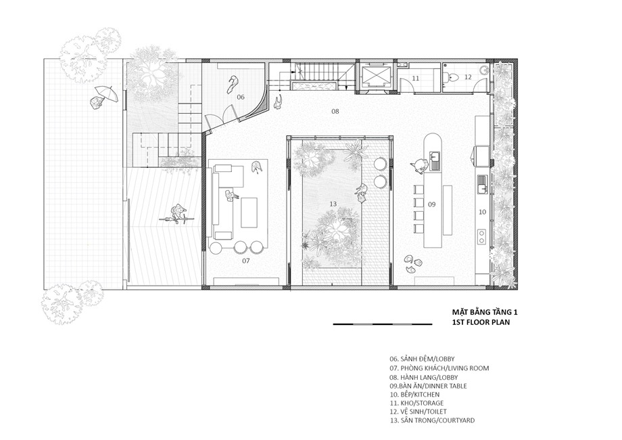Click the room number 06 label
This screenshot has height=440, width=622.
241,97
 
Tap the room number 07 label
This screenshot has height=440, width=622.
246,261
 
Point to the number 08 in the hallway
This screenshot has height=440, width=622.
335,111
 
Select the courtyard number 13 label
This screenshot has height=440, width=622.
333,204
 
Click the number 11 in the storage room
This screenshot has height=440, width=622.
415,79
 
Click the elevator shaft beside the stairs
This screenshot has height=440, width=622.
376,76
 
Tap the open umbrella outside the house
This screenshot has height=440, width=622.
107,93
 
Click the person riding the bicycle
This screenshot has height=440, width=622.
178,215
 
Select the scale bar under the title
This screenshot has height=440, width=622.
383,324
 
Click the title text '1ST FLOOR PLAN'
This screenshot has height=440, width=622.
481,322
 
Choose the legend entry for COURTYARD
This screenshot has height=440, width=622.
432,420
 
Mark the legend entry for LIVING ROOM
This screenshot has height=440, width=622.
439,368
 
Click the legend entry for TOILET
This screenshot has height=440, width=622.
418,412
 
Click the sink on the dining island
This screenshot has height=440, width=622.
435,160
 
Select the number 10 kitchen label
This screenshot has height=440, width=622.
482,212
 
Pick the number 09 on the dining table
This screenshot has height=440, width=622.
431,204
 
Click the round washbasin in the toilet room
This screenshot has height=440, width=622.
484,70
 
